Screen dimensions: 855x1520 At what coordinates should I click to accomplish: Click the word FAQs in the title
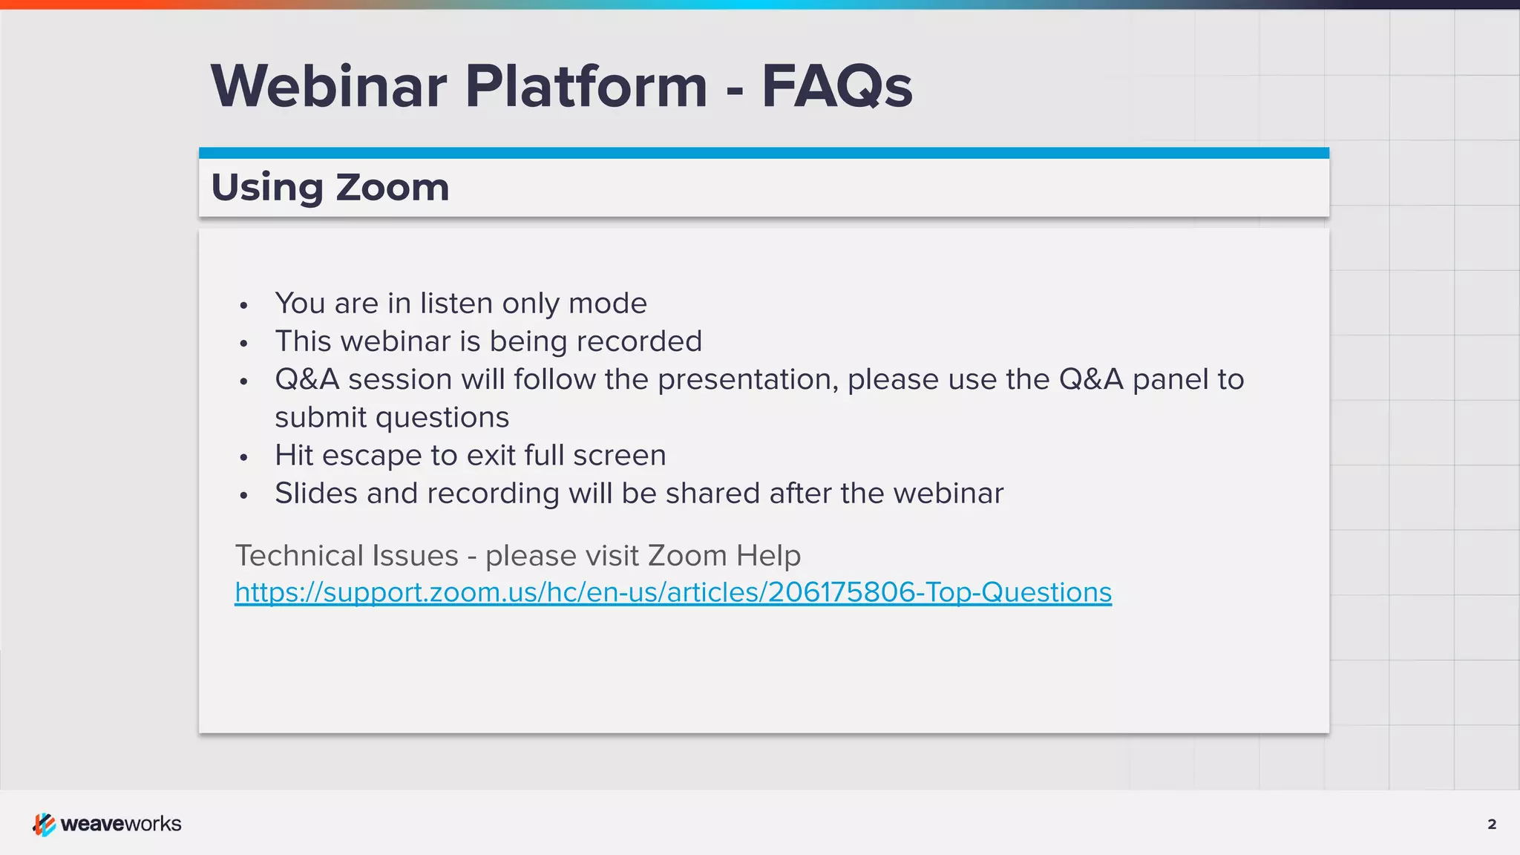836,87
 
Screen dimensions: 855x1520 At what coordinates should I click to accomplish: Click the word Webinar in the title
329,87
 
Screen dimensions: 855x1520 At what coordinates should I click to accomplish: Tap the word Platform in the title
586,87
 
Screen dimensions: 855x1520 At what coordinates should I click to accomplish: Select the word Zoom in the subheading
392,187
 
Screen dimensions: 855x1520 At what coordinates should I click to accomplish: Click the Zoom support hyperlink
672,592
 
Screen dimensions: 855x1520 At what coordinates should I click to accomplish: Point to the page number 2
1492,824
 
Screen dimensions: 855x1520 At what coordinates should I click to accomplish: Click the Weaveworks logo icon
44,824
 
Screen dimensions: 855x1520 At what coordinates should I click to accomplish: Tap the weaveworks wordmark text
121,824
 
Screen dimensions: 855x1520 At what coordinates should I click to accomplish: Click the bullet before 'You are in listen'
243,305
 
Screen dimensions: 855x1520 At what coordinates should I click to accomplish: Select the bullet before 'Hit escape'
243,457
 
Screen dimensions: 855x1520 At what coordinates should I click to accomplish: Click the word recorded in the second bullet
638,341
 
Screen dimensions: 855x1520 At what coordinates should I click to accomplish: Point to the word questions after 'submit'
442,418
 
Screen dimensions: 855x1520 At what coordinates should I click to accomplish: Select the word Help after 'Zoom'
768,556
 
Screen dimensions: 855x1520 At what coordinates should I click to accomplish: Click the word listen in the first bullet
456,304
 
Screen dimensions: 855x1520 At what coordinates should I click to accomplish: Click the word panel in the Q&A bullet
1170,379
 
